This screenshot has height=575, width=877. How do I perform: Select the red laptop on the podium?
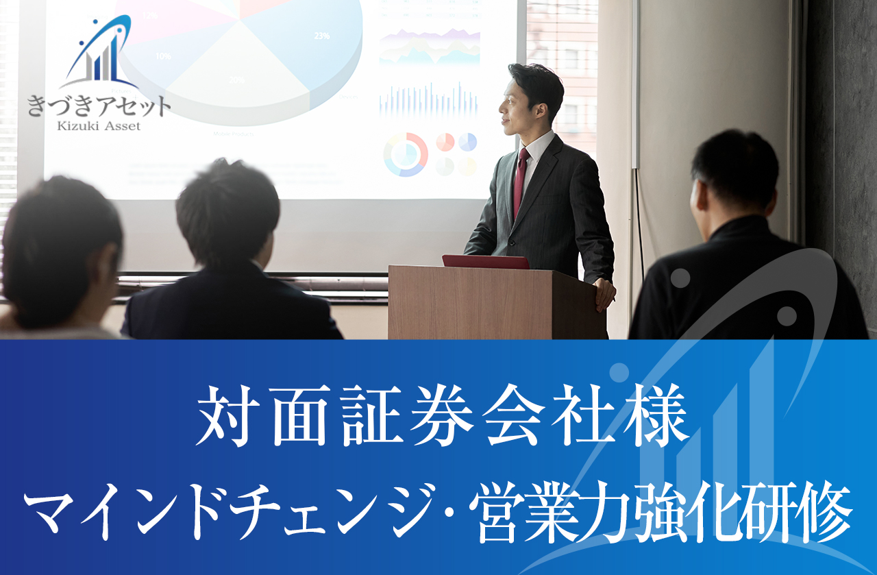coord(485,262)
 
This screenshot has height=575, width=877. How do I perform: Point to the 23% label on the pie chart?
coord(321,36)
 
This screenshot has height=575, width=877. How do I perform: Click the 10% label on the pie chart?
coord(163,56)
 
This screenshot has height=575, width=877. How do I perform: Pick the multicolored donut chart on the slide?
coord(406,154)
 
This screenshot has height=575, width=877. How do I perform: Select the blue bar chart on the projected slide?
coord(429,99)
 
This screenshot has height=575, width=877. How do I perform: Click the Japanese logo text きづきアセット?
coord(99,107)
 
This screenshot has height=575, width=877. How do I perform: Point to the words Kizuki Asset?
coord(99,125)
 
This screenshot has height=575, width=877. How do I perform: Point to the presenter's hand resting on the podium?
coord(605,293)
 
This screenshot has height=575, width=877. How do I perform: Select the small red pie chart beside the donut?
coord(445,142)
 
